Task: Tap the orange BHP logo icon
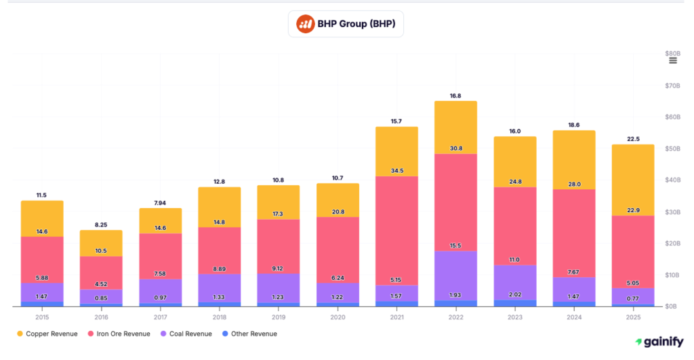305,24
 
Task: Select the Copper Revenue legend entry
52,334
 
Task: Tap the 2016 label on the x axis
100,317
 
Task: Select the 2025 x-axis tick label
633,317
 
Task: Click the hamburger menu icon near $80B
672,61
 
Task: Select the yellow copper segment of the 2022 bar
455,127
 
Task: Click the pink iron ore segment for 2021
396,231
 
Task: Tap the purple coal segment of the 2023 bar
514,282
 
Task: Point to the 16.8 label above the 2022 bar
455,96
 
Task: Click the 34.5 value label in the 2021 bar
396,171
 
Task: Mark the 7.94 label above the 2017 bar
160,203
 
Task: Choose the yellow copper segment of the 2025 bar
633,180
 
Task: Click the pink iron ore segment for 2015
42,260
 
